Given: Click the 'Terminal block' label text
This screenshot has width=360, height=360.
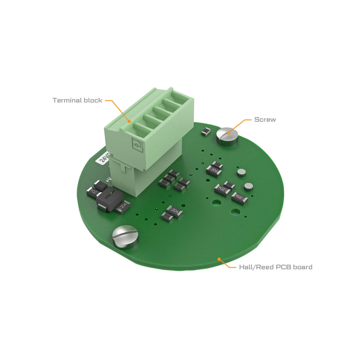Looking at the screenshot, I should pyautogui.click(x=78, y=100).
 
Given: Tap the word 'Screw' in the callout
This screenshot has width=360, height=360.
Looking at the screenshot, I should pyautogui.click(x=265, y=119).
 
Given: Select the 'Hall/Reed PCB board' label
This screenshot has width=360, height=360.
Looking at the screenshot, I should pyautogui.click(x=276, y=267).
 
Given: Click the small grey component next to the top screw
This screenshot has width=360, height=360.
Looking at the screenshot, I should pyautogui.click(x=205, y=132).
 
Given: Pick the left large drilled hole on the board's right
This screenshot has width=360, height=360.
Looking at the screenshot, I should pyautogui.click(x=217, y=203).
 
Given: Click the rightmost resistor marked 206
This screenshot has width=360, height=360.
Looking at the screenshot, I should pyautogui.click(x=240, y=196).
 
